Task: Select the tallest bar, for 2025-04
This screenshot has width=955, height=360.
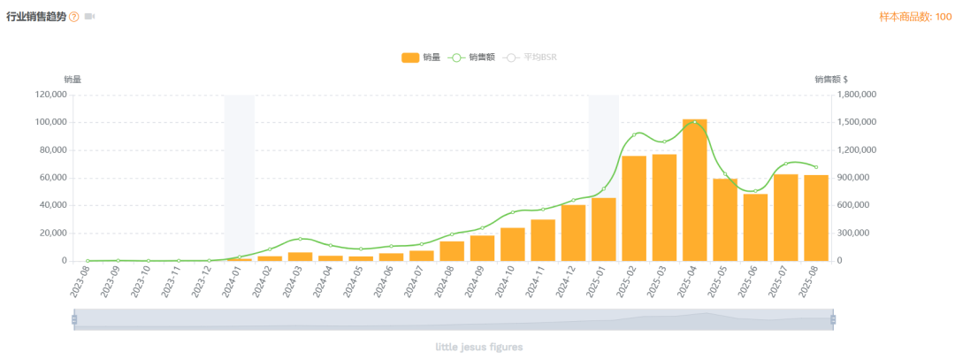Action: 694,190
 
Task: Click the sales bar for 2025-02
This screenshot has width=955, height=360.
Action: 634,209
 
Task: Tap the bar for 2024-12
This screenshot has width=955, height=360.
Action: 573,234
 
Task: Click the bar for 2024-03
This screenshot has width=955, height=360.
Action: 300,257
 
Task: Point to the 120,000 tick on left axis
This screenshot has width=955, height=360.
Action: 50,95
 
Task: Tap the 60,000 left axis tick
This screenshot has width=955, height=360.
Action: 53,178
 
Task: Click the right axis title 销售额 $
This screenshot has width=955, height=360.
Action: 831,80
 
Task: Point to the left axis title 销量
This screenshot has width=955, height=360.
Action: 73,80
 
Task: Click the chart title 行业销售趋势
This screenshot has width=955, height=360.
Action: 36,17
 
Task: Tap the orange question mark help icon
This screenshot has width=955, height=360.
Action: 74,17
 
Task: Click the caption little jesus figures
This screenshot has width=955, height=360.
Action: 478,347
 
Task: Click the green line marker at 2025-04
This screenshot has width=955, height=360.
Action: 694,122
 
